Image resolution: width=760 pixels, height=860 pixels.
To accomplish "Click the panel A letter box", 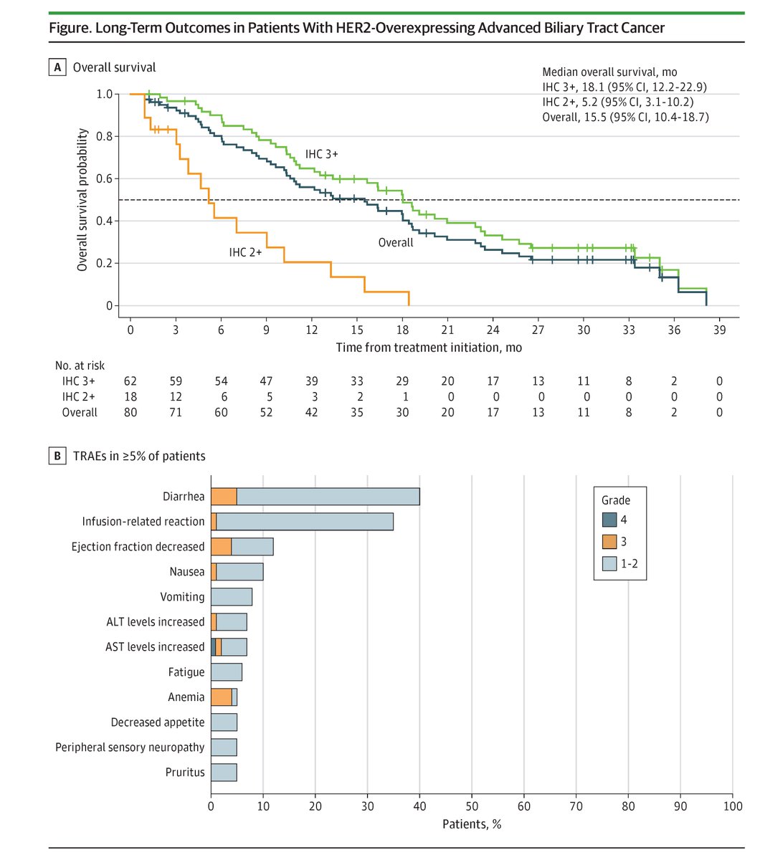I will pos(55,68).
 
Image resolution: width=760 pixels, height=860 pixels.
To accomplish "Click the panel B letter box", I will pos(55,456).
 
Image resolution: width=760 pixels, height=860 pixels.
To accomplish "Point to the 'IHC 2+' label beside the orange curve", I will pos(245,251).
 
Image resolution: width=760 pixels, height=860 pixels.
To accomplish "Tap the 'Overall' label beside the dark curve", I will pos(396,242).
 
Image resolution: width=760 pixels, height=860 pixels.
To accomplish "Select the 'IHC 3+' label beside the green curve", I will pos(322,154).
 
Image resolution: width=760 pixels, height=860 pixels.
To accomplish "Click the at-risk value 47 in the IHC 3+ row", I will pos(267,382).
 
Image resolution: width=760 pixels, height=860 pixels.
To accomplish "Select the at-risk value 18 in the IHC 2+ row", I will pos(130,397).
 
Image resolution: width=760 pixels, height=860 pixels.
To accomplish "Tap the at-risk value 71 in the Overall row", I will pos(176,412).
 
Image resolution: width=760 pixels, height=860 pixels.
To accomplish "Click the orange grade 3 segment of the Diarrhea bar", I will pos(224,497).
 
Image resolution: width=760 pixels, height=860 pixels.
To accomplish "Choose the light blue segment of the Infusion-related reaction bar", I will pos(305,522).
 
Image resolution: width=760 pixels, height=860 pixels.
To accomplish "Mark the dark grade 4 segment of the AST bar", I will pos(213,647).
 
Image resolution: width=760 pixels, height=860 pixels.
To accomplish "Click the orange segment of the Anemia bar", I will pos(221,697).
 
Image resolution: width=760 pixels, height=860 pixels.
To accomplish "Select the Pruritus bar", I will pos(224,773).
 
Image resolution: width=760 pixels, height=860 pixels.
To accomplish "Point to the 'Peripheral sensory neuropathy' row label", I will pos(130,747).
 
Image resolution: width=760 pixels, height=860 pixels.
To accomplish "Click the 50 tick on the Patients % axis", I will pos(472,805).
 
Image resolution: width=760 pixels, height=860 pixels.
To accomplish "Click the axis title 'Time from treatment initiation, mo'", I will pos(429,348).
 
